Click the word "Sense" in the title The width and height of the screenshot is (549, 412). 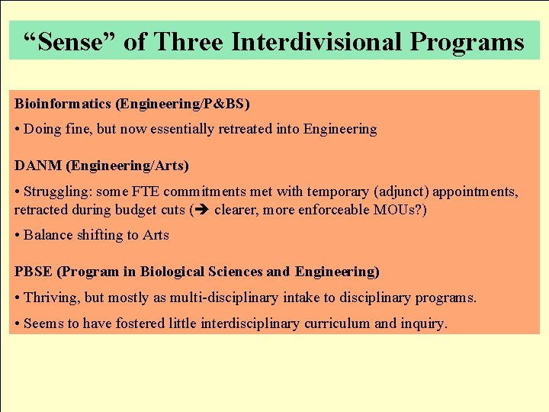tap(70, 41)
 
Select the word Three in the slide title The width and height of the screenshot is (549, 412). tap(188, 41)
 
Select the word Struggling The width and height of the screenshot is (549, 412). tap(57, 191)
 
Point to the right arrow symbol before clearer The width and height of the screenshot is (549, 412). tap(203, 209)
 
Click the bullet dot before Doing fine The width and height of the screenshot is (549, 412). tap(17, 130)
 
